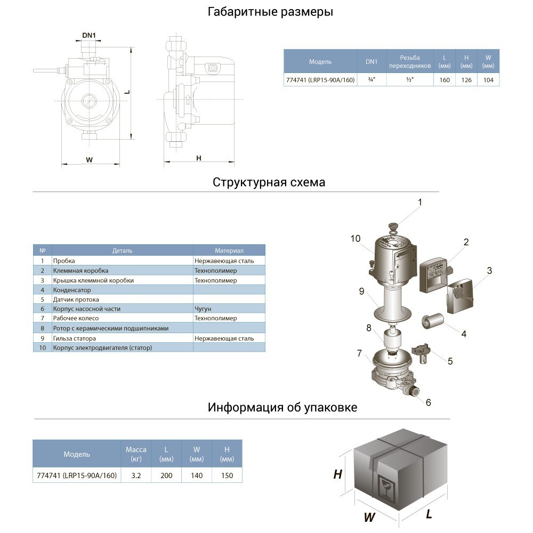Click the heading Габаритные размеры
tap(270, 12)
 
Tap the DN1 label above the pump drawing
tap(88, 36)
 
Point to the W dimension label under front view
tap(90, 159)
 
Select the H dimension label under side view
tap(199, 158)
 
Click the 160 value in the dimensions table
tap(445, 80)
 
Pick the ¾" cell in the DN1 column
tap(371, 80)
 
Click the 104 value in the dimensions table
tap(488, 80)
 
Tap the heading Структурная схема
tap(269, 182)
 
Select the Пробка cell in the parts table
tap(64, 261)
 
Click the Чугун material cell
tap(203, 309)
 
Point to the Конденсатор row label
tap(72, 290)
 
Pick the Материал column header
tap(229, 251)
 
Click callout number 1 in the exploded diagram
tap(419, 203)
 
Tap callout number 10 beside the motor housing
tap(356, 238)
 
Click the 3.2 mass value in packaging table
tap(135, 475)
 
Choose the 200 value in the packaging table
tap(166, 475)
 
